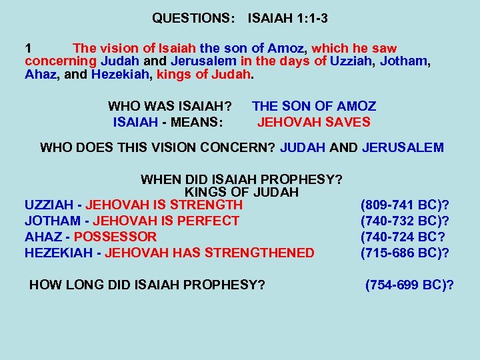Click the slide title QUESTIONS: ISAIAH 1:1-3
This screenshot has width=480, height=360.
tap(239, 18)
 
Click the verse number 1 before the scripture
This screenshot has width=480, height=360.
tap(29, 49)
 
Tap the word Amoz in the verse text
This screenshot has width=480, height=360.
tap(287, 49)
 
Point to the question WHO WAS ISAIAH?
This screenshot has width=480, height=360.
tap(170, 106)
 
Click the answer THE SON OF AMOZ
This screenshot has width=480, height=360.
tap(314, 106)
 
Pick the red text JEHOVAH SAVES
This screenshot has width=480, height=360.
tap(314, 122)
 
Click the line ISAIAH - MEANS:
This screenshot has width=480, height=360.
tap(168, 122)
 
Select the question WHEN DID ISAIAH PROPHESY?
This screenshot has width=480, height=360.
tap(241, 179)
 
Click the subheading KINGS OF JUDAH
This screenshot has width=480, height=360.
tap(241, 192)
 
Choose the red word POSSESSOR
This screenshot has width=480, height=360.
tap(115, 237)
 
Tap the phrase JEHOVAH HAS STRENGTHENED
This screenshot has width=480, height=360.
tap(209, 253)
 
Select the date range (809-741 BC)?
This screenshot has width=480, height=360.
tap(405, 205)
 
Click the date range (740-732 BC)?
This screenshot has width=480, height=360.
tap(405, 221)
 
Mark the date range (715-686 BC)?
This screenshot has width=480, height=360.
tap(405, 253)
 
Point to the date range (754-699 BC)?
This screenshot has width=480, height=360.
tap(409, 285)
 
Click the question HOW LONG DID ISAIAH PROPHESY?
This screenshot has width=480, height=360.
tap(147, 285)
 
